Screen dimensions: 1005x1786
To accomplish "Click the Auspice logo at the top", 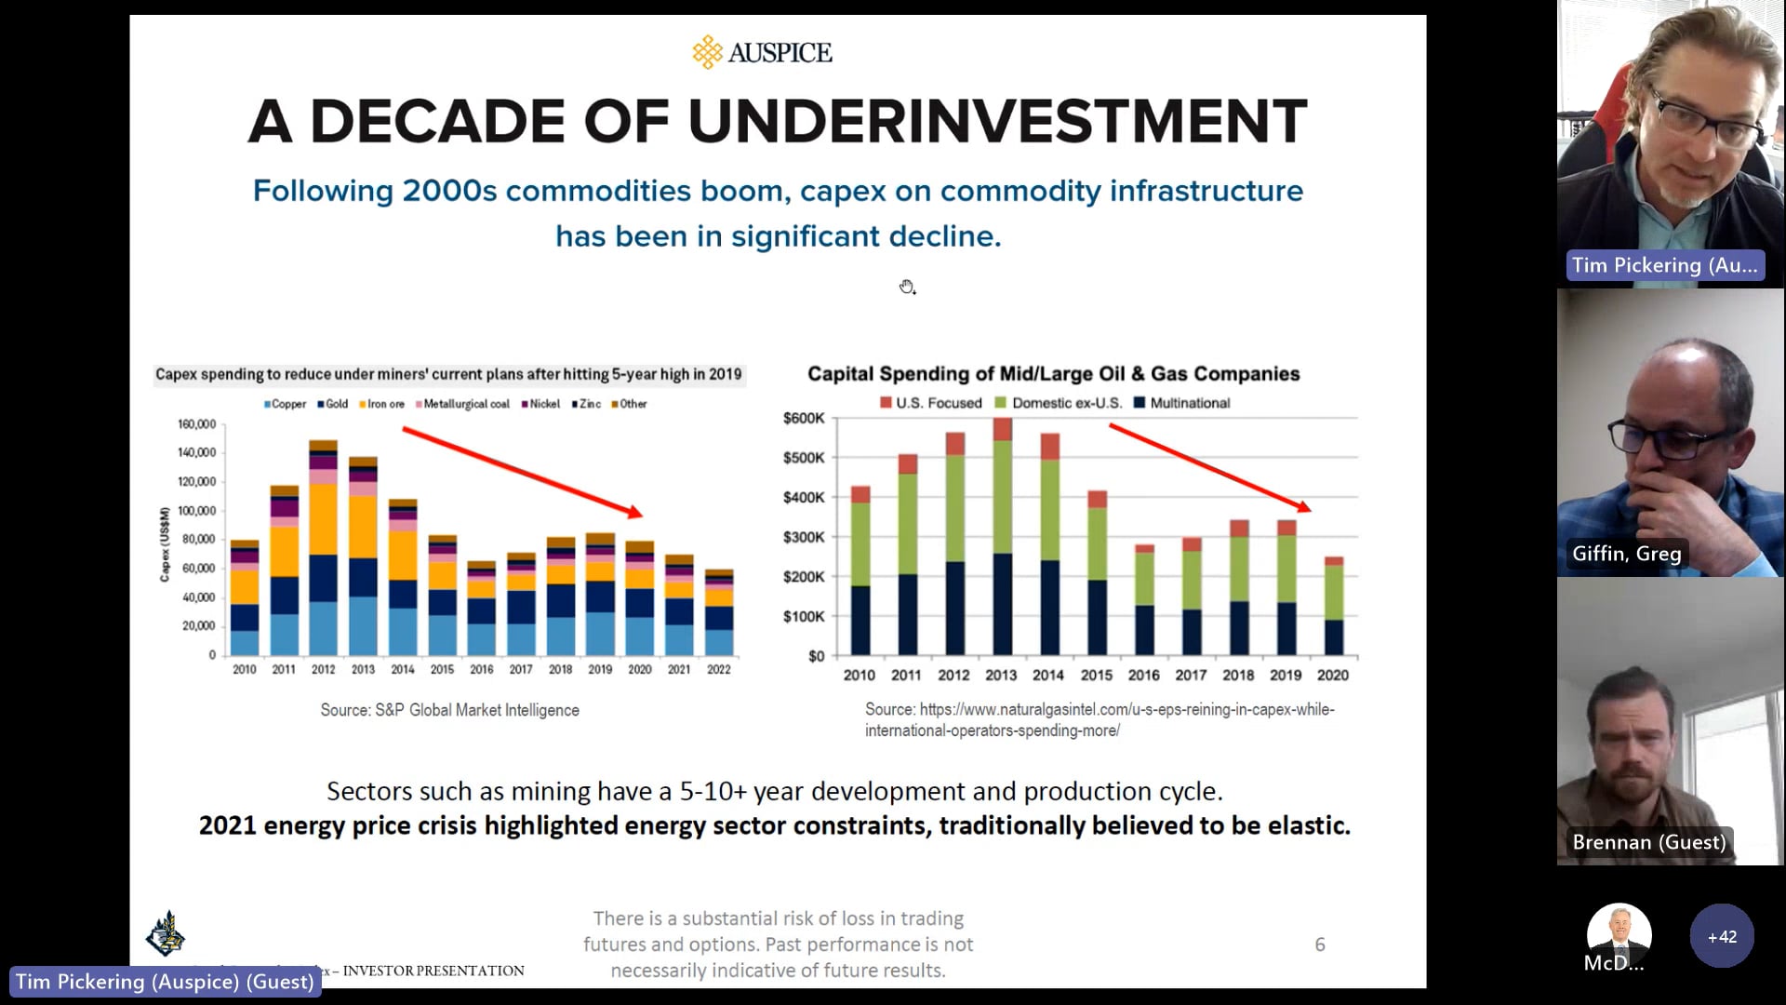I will [x=762, y=52].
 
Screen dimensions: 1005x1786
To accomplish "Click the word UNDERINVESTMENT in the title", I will [x=997, y=122].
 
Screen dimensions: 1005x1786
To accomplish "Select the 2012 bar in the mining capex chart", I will [x=323, y=549].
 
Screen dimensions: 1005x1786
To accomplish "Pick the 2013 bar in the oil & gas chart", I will [x=1002, y=540].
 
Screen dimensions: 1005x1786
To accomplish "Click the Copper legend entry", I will [x=285, y=404].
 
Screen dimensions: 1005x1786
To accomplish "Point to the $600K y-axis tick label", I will [x=803, y=419].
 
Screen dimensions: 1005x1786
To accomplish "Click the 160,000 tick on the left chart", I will [x=196, y=424].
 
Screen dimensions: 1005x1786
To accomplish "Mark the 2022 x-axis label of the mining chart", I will [x=718, y=669].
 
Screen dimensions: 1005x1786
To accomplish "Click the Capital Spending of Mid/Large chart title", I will [x=1053, y=374].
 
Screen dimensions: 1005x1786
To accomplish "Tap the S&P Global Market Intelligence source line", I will [x=449, y=710].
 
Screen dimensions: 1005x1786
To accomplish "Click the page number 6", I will [x=1319, y=945].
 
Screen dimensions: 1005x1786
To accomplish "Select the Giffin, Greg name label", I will [x=1626, y=554].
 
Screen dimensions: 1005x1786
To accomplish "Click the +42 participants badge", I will [x=1721, y=936].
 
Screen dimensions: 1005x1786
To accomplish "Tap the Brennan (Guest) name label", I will [x=1648, y=842].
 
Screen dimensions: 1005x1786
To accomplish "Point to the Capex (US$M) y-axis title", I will [x=165, y=544].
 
